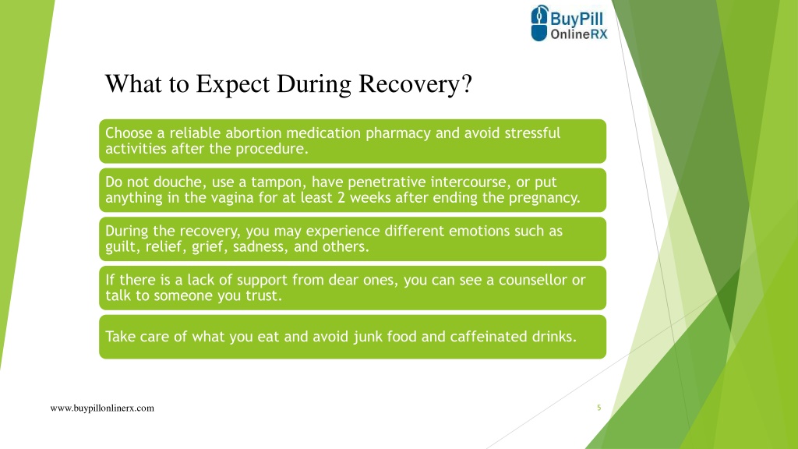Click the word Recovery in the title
tap(408, 84)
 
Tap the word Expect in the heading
tap(232, 84)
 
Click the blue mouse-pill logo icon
tap(539, 23)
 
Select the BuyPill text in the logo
tap(577, 19)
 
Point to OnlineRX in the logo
tap(579, 34)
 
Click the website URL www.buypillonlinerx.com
tap(102, 408)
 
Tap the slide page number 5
tap(599, 408)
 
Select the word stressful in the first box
tap(532, 133)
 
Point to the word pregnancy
tap(545, 198)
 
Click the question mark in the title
tap(466, 84)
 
